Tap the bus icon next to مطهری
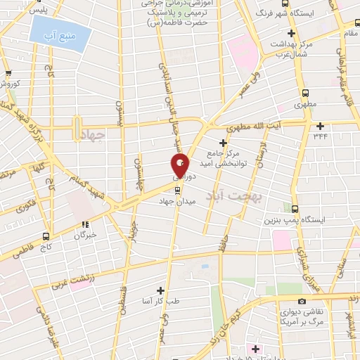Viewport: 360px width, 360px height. pos(305,93)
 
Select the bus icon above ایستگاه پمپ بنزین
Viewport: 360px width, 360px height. pos(295,208)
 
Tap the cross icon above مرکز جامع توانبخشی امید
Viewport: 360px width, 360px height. pos(223,141)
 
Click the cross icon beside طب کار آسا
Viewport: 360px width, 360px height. pos(161,290)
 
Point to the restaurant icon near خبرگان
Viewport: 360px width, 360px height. pos(87,225)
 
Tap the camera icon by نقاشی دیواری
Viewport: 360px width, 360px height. pos(301,301)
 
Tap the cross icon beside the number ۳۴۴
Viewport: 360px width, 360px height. pos(320,126)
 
